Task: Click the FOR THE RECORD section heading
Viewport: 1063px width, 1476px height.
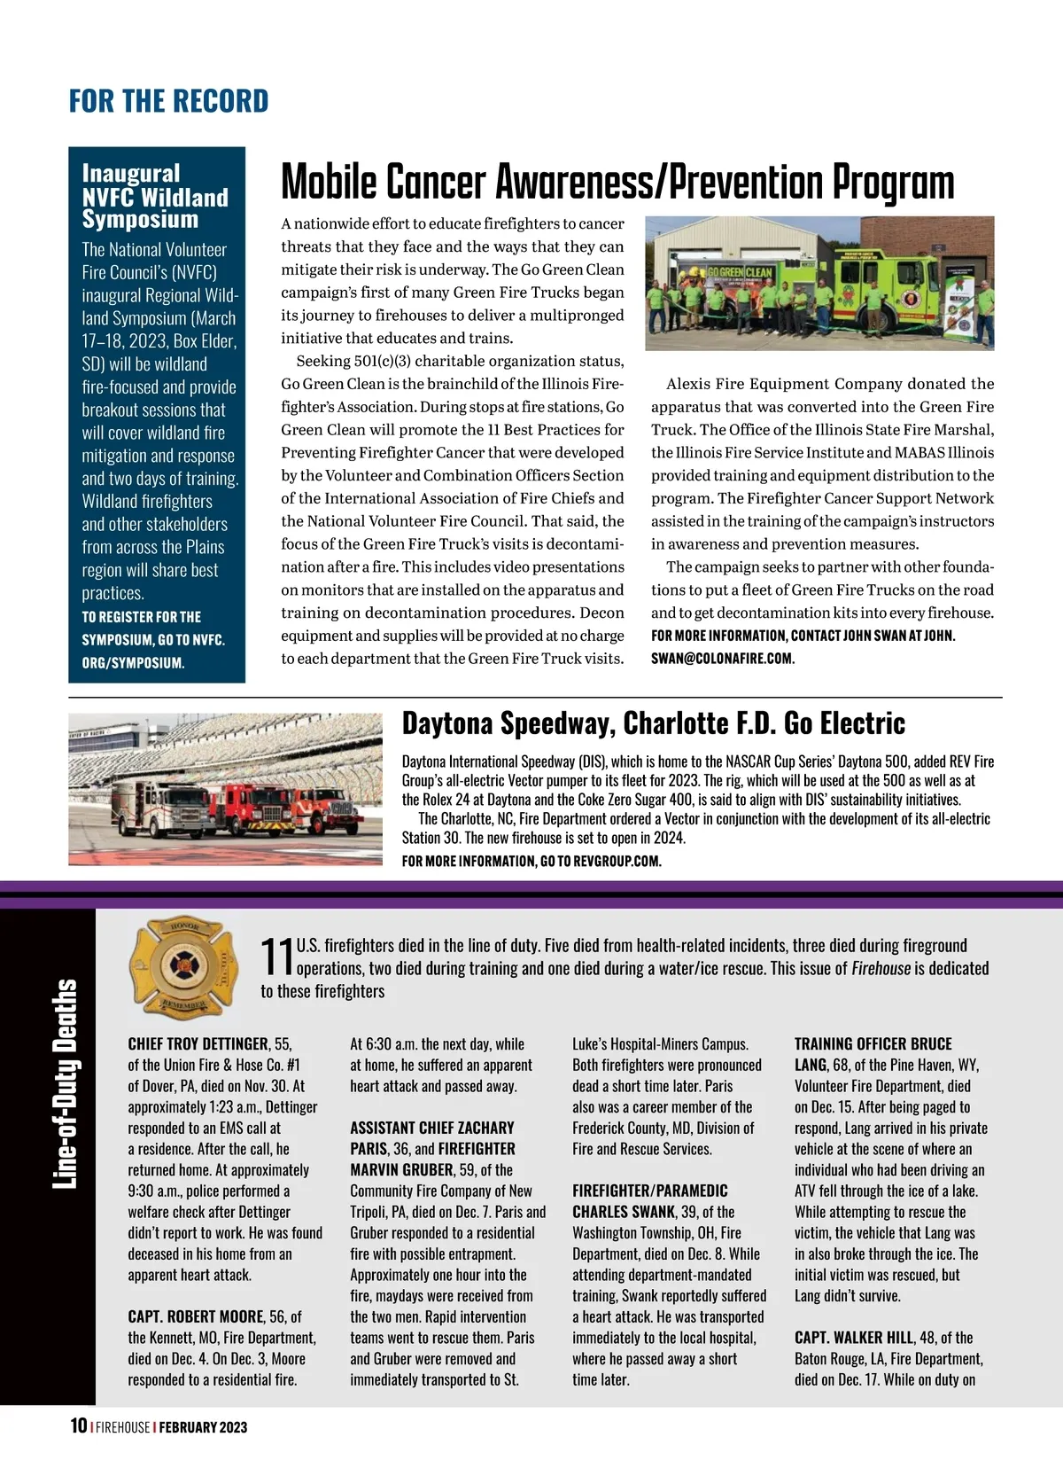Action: pos(168,101)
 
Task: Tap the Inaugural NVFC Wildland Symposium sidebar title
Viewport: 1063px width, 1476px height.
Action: pos(155,196)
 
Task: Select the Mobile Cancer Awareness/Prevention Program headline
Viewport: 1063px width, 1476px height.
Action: pos(617,183)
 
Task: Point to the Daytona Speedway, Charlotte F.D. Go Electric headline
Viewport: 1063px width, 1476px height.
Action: pos(653,723)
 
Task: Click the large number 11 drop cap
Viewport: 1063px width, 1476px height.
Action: pos(276,957)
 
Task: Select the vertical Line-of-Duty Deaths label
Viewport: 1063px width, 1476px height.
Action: pos(65,1084)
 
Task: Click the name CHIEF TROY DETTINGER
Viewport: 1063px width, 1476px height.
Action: pos(198,1044)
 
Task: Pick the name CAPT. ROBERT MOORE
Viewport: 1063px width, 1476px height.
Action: pos(196,1316)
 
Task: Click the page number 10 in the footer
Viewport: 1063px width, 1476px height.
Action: pos(78,1425)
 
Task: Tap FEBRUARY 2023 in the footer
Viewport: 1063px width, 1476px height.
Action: pos(203,1427)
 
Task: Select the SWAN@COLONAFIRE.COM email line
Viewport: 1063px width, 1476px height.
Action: pos(722,659)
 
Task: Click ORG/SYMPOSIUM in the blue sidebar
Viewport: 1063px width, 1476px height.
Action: pos(133,663)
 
